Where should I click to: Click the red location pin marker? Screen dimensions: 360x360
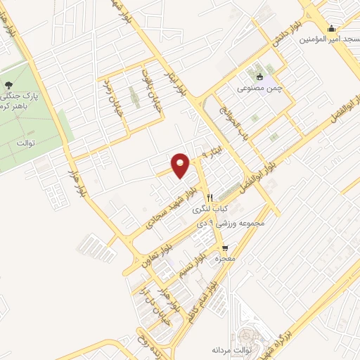tap(181, 165)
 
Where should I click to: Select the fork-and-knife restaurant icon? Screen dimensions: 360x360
tap(210, 197)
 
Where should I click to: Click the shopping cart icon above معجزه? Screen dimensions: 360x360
tap(224, 247)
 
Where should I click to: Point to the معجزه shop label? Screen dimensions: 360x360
tap(224, 259)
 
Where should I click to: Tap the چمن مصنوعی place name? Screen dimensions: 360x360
tap(260, 89)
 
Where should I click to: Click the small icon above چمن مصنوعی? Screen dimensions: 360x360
tap(260, 77)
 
